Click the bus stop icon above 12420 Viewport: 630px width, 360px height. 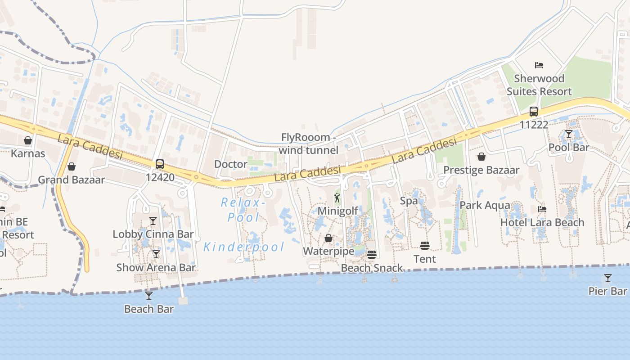(x=160, y=164)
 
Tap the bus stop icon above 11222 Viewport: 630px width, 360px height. (x=534, y=111)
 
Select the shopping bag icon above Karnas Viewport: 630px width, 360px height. (x=28, y=140)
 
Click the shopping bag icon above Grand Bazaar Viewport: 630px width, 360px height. (x=71, y=166)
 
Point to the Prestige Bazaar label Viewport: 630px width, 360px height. (x=481, y=170)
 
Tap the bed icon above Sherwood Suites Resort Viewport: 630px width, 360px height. (x=539, y=65)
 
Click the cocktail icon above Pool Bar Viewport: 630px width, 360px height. (x=569, y=134)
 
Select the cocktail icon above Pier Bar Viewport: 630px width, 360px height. (x=607, y=278)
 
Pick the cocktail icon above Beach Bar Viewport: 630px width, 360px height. (x=149, y=296)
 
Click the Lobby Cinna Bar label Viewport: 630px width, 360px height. (x=153, y=234)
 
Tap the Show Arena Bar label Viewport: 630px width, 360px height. (x=156, y=267)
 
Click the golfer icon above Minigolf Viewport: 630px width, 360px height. (x=337, y=198)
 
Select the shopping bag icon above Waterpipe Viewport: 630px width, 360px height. (x=328, y=238)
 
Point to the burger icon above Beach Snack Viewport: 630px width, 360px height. (x=371, y=255)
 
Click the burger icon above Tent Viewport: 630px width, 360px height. (x=425, y=246)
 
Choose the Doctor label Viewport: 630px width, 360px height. (x=230, y=164)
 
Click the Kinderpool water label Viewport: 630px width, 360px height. (x=244, y=247)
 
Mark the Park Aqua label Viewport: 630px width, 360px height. (x=485, y=205)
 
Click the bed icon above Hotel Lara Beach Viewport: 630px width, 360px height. (x=542, y=209)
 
